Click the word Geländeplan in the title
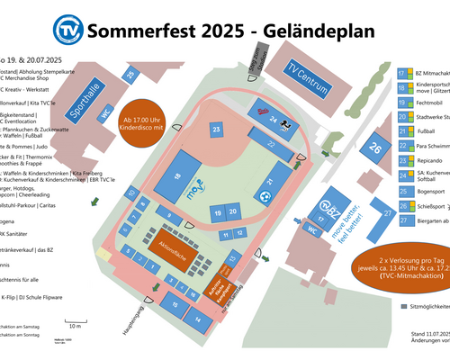[x=314, y=30]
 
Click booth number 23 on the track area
[x=216, y=130]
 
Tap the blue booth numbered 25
[x=130, y=75]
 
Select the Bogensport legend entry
[x=431, y=191]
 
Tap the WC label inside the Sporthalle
[x=105, y=115]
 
